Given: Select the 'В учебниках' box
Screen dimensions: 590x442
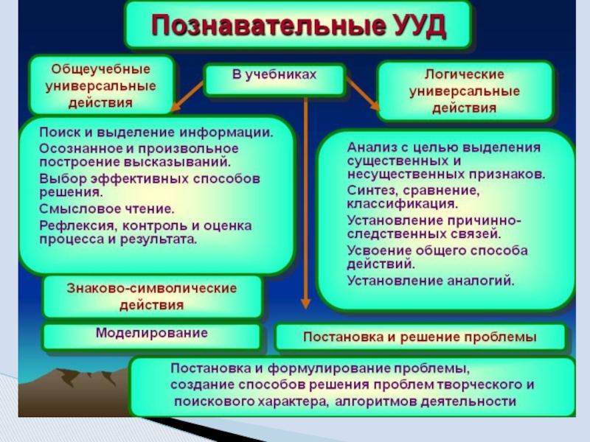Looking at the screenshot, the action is click(274, 77).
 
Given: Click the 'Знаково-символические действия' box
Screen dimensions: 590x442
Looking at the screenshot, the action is click(152, 295).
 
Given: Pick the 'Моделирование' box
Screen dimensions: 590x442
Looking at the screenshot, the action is click(152, 334).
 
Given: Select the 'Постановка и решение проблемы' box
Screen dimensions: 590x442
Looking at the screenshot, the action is click(420, 338).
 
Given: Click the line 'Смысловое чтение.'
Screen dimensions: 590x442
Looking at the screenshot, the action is click(107, 209).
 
